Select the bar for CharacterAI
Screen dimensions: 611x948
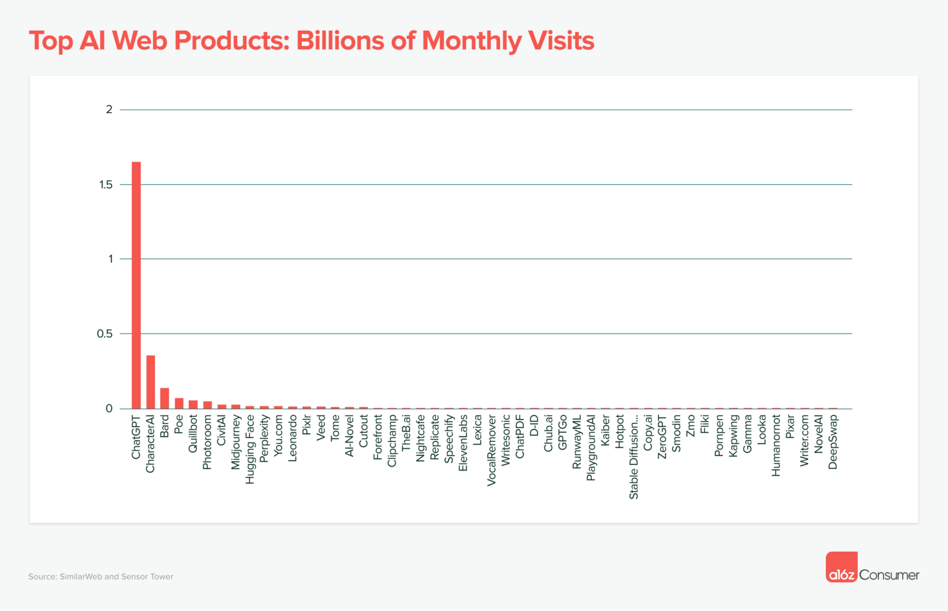[151, 382]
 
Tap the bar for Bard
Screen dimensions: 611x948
[165, 398]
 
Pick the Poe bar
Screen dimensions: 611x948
[179, 403]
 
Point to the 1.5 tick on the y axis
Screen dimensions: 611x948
[106, 185]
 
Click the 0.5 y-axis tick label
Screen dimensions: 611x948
[105, 334]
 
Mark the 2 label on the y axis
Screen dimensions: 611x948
[109, 110]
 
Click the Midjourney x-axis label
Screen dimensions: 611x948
[236, 441]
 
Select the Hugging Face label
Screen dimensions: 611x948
[250, 449]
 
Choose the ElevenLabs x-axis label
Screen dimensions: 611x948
[464, 443]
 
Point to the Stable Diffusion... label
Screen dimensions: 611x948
[634, 456]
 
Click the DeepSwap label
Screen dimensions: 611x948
[833, 441]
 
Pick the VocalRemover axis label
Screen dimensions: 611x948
[492, 450]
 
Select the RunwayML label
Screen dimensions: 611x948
[577, 441]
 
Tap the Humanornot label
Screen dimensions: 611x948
[776, 445]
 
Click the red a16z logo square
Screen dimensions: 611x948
[841, 567]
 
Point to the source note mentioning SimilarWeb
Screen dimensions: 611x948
[101, 577]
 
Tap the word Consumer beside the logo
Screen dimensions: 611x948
[889, 575]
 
